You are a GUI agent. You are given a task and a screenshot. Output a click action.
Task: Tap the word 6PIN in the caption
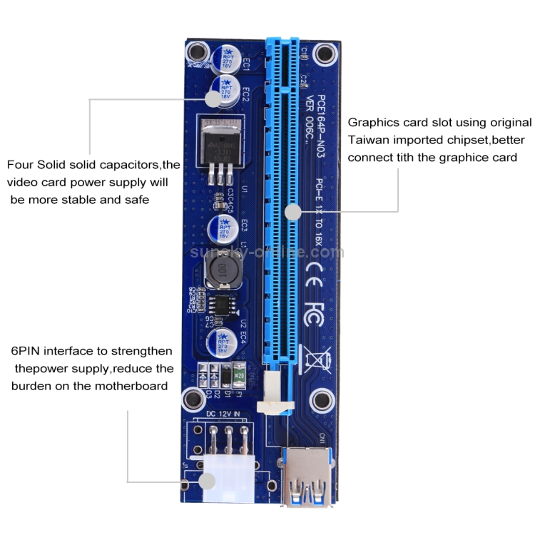coord(26,351)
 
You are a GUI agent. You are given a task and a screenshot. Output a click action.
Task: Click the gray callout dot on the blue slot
coord(292,212)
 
